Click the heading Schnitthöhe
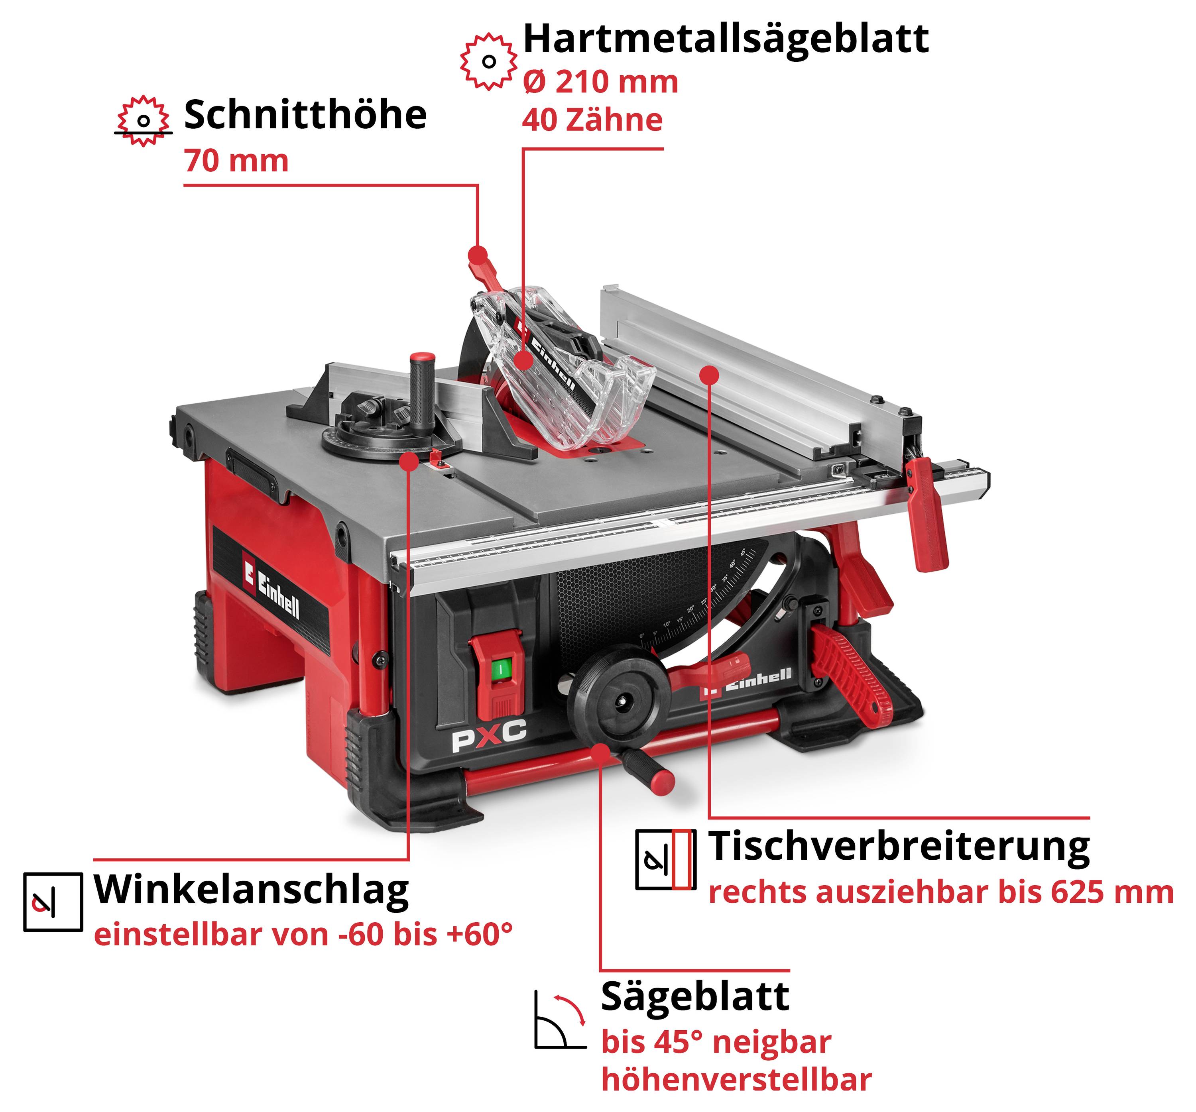tap(305, 114)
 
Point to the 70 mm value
tap(236, 161)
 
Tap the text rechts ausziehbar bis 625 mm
tap(941, 892)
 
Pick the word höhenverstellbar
tap(736, 1080)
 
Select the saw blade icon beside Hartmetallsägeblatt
tap(488, 61)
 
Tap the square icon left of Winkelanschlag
tap(53, 902)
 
